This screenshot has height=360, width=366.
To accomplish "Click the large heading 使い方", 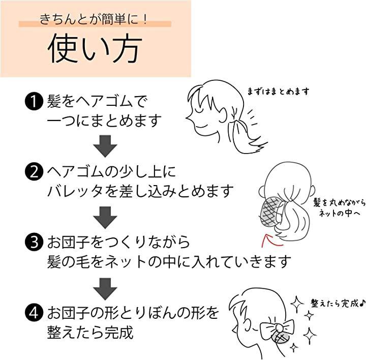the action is [x=95, y=48].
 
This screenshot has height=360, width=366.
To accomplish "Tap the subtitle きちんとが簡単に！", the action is [x=94, y=19].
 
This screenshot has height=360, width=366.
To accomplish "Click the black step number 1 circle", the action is [x=34, y=102].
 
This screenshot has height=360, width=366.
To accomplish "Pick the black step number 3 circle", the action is [x=34, y=242].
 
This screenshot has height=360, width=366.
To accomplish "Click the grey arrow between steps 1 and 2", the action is [x=105, y=146].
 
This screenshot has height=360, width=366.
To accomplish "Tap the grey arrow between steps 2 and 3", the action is [x=105, y=218].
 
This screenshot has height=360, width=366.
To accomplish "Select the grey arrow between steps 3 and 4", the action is [x=105, y=289].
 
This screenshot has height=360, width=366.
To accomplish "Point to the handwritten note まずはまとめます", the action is [x=278, y=92].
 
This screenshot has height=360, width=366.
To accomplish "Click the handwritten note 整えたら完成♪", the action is [x=338, y=303].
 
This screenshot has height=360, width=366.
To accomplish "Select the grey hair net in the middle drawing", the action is [x=271, y=213].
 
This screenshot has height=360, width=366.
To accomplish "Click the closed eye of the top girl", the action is [x=199, y=109].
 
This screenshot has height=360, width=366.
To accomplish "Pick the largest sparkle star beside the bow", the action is [x=310, y=335].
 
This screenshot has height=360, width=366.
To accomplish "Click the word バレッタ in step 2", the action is [x=75, y=191].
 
